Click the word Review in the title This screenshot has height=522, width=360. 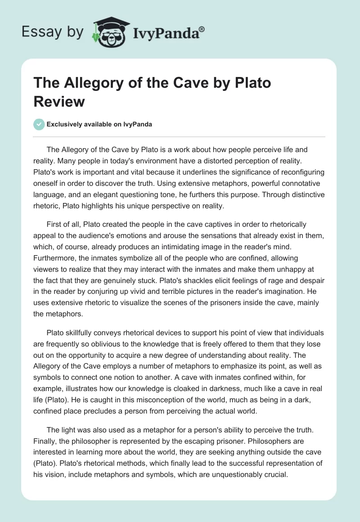(59, 101)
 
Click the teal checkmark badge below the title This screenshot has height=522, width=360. (39, 124)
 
